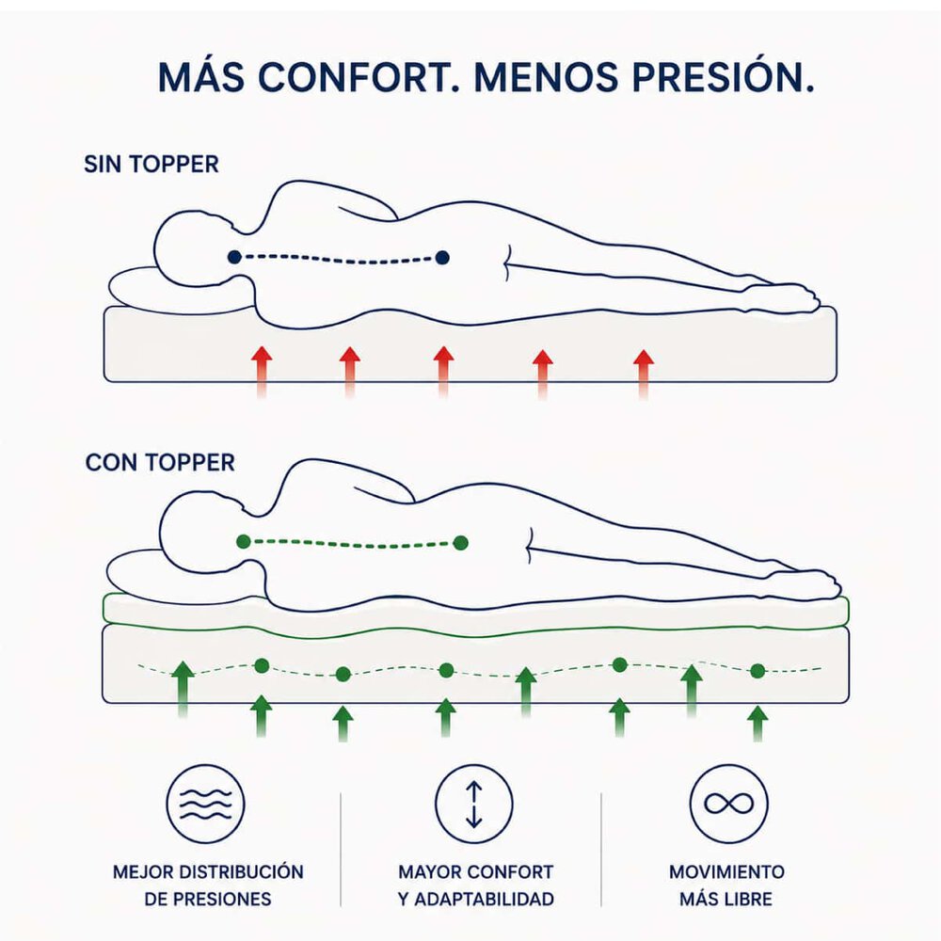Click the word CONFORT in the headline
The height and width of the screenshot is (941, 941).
tap(356, 77)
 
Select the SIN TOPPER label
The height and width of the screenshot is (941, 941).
tap(152, 165)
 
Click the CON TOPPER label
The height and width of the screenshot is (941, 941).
tap(160, 463)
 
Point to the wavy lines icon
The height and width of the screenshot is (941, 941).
tap(206, 804)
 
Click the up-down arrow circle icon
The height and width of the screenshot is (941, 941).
tap(474, 804)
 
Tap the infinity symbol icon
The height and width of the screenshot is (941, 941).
tap(728, 804)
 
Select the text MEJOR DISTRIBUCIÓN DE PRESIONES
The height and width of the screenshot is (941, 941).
tap(208, 885)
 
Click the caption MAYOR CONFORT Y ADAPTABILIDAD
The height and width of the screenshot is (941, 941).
tap(475, 885)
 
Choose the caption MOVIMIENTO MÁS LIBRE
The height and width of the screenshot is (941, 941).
tap(726, 885)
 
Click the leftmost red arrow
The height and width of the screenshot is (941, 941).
tap(262, 372)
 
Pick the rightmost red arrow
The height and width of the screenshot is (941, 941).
tap(644, 375)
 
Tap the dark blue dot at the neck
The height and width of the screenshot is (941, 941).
tap(234, 258)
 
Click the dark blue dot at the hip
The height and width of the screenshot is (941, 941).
tap(442, 258)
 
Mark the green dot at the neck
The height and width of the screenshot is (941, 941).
tap(243, 542)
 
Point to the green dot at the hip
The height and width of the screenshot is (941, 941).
tap(460, 543)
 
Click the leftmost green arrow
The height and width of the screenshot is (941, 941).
tap(183, 689)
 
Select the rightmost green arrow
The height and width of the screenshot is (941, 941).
tap(758, 724)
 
